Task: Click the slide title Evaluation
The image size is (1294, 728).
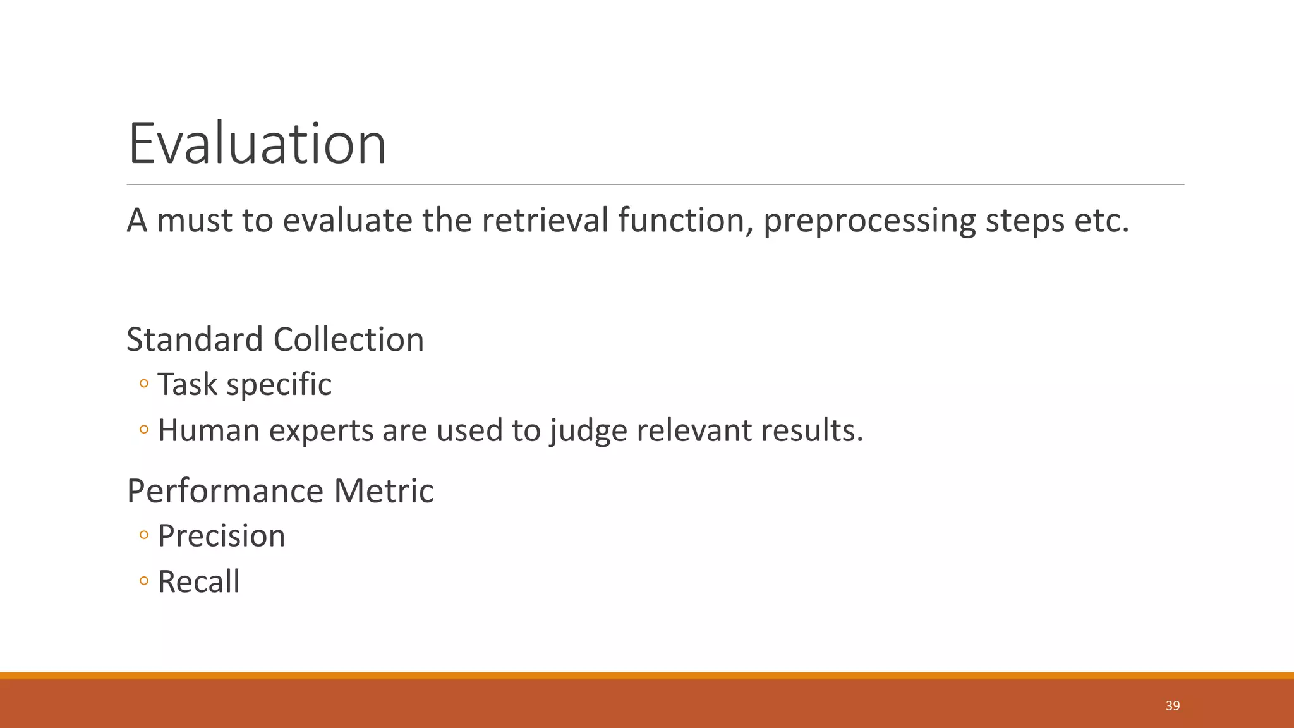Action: pyautogui.click(x=257, y=144)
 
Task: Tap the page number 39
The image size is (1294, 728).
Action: pyautogui.click(x=1173, y=706)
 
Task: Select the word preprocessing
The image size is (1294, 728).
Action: pyautogui.click(x=869, y=221)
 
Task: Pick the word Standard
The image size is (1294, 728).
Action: pyautogui.click(x=195, y=340)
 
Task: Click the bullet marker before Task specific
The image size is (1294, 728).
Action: pyautogui.click(x=144, y=384)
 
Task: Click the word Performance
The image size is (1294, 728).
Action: pyautogui.click(x=225, y=491)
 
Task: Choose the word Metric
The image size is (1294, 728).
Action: pyautogui.click(x=384, y=491)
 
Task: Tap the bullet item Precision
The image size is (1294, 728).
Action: pyautogui.click(x=221, y=537)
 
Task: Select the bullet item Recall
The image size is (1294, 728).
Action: pyautogui.click(x=198, y=582)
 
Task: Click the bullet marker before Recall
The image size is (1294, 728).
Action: pyautogui.click(x=144, y=581)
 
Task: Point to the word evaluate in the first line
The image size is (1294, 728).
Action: pyautogui.click(x=347, y=221)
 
